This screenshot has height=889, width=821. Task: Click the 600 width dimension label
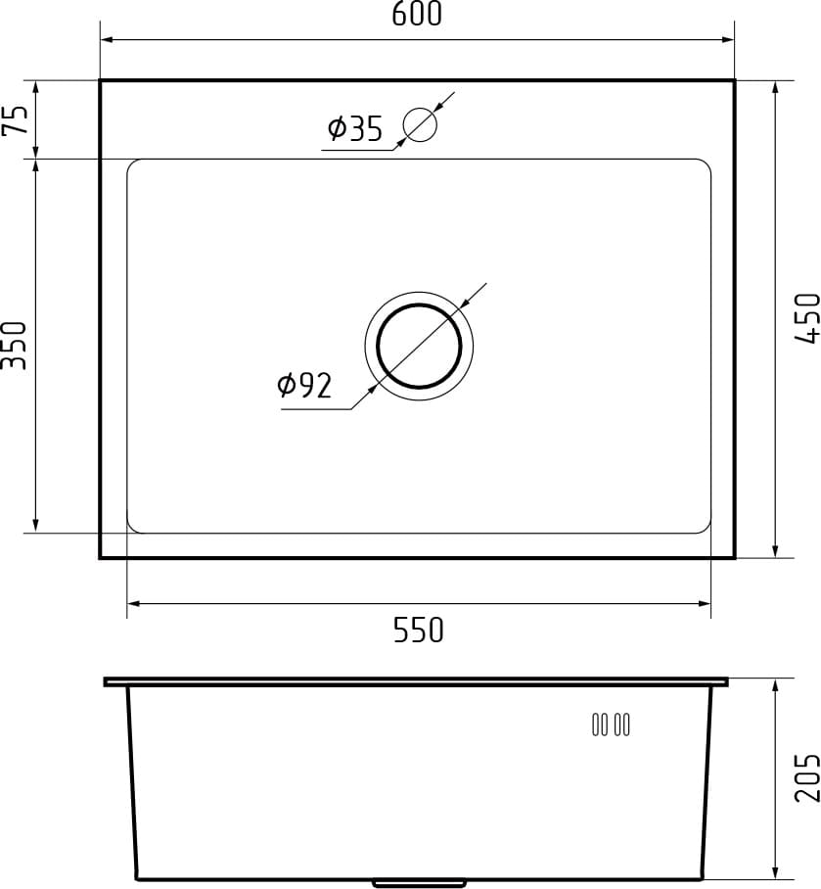click(417, 15)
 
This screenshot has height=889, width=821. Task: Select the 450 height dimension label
click(805, 318)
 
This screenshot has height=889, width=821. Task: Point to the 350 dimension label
click(15, 345)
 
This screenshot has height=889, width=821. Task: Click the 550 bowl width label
click(418, 630)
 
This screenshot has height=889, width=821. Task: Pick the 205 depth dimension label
click(805, 776)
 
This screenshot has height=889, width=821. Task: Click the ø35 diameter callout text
click(354, 128)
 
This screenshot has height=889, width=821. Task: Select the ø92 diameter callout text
click(304, 386)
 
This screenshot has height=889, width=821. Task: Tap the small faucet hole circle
click(420, 124)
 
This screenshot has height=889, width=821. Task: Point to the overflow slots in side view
click(611, 725)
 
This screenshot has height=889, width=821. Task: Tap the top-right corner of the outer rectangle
click(734, 80)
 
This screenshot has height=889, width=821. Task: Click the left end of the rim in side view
click(107, 680)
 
